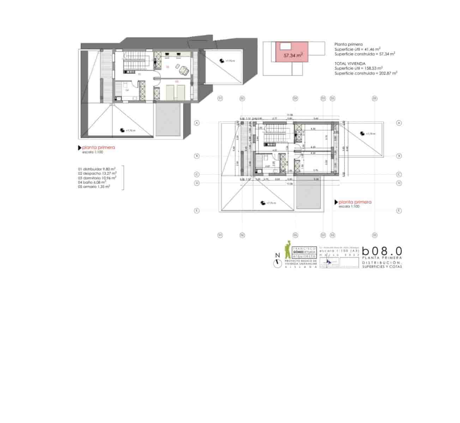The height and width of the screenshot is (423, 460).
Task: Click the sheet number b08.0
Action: [382, 251]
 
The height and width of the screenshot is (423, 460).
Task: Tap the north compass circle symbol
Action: [278, 263]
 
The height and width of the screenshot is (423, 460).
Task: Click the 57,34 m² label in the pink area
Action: [293, 55]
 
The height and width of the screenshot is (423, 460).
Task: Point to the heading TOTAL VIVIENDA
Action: [350, 63]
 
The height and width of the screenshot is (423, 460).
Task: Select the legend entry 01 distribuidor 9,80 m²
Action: [97, 169]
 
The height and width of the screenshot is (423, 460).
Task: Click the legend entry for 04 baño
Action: [92, 182]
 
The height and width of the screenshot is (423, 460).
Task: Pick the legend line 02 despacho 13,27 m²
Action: [97, 173]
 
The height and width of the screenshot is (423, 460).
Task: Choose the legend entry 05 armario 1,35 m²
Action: [94, 187]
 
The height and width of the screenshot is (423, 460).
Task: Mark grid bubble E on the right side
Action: [399, 211]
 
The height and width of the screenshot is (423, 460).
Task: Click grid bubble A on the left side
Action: [197, 123]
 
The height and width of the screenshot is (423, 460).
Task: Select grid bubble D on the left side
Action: [197, 183]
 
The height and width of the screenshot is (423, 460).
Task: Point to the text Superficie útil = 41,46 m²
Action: [357, 49]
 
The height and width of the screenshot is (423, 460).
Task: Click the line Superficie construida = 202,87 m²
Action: [366, 73]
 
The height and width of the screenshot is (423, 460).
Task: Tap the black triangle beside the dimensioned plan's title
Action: [336, 202]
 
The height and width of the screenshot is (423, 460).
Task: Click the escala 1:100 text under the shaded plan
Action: [93, 152]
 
